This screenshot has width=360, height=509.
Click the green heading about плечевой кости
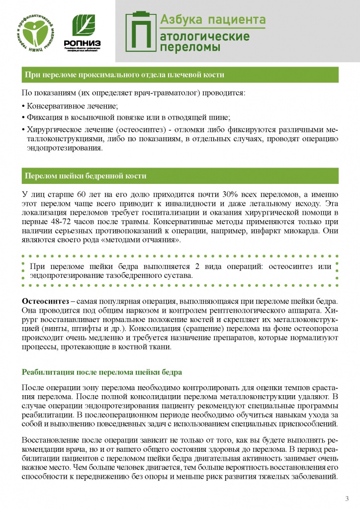coord(124,75)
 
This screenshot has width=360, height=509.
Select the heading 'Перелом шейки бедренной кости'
coord(85,176)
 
